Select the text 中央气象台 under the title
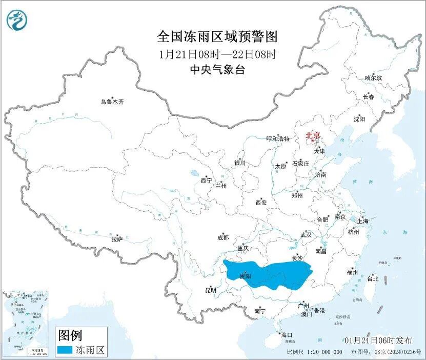(x=217, y=70)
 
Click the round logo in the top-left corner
(x=17, y=20)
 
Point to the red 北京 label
(x=313, y=136)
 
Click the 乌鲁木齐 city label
(x=112, y=102)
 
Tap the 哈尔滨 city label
(x=373, y=78)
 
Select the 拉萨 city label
(x=117, y=239)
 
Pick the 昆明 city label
(x=211, y=290)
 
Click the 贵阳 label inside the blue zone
(x=246, y=276)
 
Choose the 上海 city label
(x=363, y=221)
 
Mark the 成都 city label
(x=223, y=237)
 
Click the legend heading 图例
(x=69, y=336)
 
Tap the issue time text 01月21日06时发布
(x=378, y=341)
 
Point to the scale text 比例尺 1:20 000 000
(x=315, y=352)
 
